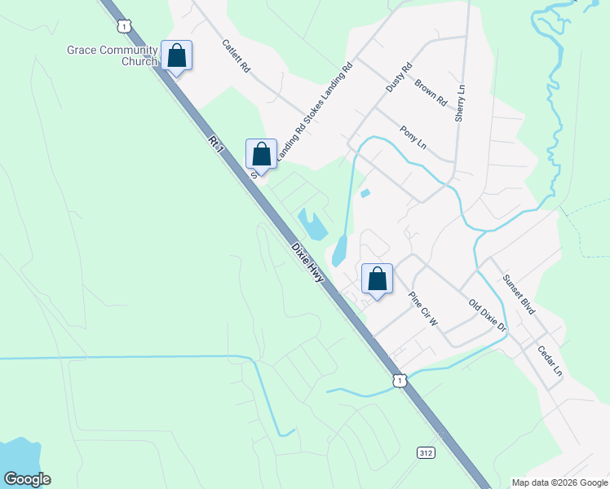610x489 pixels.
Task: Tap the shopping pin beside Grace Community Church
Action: point(176,56)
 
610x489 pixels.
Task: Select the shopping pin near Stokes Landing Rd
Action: point(261,154)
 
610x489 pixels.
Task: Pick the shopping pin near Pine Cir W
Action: point(377,280)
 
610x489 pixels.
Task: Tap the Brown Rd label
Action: point(431,92)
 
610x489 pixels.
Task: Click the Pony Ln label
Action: point(413,136)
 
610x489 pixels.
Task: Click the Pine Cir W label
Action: point(423,310)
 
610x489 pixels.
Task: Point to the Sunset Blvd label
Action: point(519,295)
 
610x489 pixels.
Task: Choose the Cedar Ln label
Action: point(550,360)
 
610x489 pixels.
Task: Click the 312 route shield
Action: point(427,452)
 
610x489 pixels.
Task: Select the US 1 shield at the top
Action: point(122,27)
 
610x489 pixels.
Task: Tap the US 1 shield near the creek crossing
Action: point(398,381)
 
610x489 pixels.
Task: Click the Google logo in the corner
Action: point(27,479)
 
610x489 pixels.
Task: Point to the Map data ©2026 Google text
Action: point(559,482)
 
